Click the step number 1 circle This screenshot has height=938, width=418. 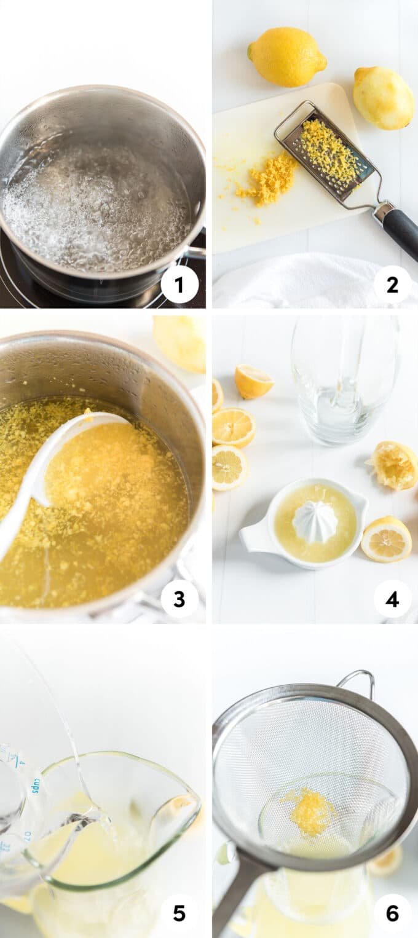[179, 285]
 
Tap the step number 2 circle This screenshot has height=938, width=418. [392, 285]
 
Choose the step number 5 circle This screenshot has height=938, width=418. [179, 913]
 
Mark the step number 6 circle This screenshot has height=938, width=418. [392, 913]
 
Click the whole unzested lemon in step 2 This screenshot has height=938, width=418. [286, 56]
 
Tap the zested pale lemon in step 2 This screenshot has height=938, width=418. [383, 98]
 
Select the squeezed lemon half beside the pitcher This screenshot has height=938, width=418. [393, 465]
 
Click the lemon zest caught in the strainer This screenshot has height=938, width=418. [312, 812]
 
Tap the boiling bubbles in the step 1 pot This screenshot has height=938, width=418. [98, 203]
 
